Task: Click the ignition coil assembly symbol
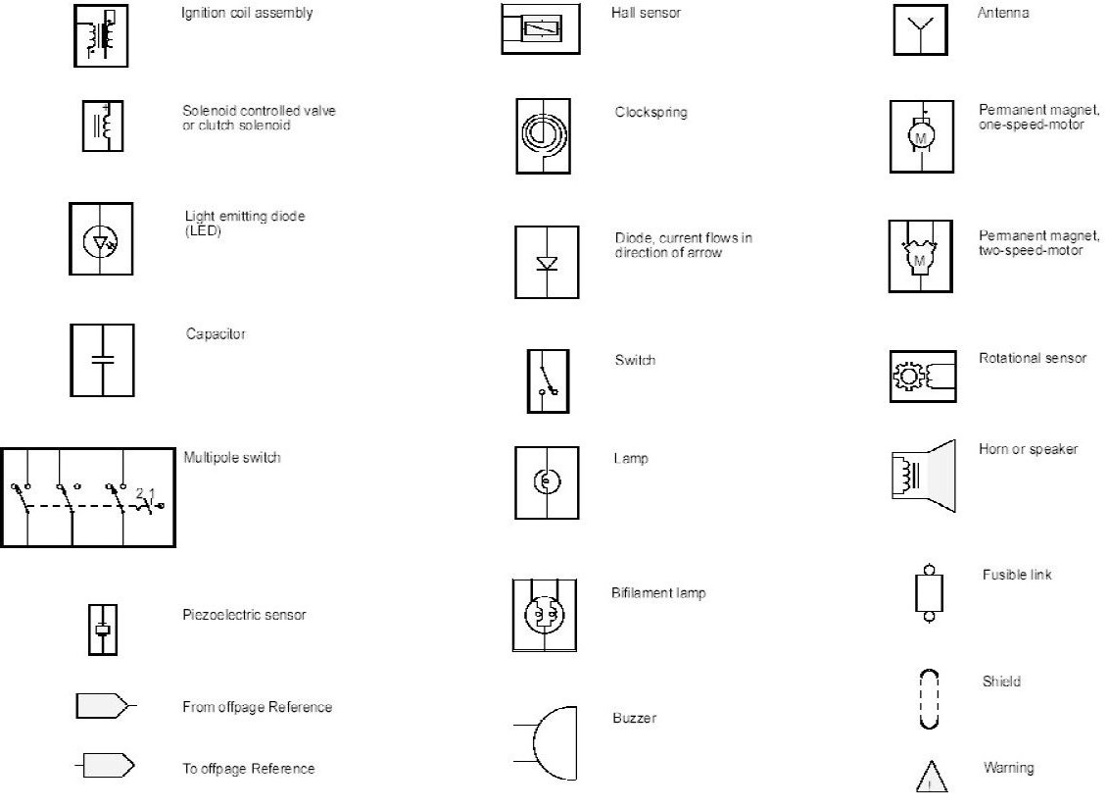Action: click(101, 35)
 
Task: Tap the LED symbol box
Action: click(101, 238)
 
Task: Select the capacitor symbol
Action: click(102, 360)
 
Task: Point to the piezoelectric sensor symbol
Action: click(101, 630)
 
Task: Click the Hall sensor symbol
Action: click(542, 28)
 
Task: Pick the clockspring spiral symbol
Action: click(543, 135)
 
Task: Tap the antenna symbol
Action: click(920, 30)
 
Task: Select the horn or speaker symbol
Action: click(923, 476)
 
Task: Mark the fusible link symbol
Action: click(928, 592)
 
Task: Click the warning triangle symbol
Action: click(932, 777)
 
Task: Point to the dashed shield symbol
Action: click(929, 698)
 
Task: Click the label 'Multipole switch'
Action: click(232, 458)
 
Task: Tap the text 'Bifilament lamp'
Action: click(658, 593)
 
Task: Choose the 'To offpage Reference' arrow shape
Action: click(106, 767)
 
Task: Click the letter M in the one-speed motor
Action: click(920, 139)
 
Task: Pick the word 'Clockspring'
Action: click(651, 112)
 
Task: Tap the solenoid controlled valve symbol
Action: click(102, 126)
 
